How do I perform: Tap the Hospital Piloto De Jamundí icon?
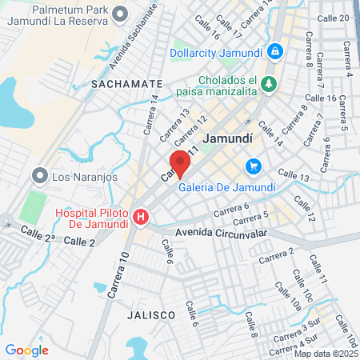click(141, 217)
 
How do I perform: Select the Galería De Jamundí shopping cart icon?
click(254, 166)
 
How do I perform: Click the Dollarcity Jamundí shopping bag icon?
click(275, 51)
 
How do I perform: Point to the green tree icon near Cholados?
click(270, 83)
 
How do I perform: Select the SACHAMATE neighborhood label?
click(126, 83)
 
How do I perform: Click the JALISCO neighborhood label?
click(150, 315)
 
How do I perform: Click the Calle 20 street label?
click(333, 18)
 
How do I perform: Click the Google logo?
click(26, 350)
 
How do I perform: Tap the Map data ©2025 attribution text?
click(324, 354)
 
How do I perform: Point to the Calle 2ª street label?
click(38, 234)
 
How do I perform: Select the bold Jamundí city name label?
click(229, 138)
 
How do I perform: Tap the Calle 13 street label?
click(293, 175)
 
